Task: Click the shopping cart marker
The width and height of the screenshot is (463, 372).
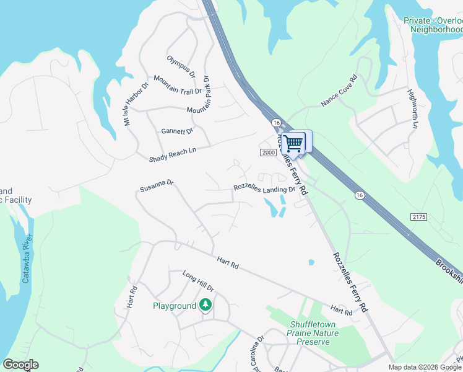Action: (x=294, y=144)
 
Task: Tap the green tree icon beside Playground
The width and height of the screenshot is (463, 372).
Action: (x=206, y=305)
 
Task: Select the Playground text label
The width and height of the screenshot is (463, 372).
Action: (x=175, y=306)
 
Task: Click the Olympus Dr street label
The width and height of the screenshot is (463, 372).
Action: (x=181, y=67)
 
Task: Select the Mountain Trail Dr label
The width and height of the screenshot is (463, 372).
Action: (x=178, y=87)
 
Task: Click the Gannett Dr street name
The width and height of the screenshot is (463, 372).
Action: (x=177, y=131)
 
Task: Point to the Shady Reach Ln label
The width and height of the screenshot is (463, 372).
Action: (x=173, y=154)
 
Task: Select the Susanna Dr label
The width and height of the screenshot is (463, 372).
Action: (x=157, y=185)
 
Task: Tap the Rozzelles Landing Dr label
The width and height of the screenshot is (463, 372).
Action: (x=264, y=188)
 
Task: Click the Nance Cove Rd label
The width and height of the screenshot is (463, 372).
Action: (x=339, y=91)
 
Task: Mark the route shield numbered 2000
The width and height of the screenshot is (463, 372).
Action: (x=267, y=153)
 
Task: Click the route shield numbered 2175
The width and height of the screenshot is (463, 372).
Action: (x=418, y=216)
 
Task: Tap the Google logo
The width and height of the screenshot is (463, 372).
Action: (x=20, y=365)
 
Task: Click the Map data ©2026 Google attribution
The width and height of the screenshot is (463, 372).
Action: (x=425, y=367)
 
